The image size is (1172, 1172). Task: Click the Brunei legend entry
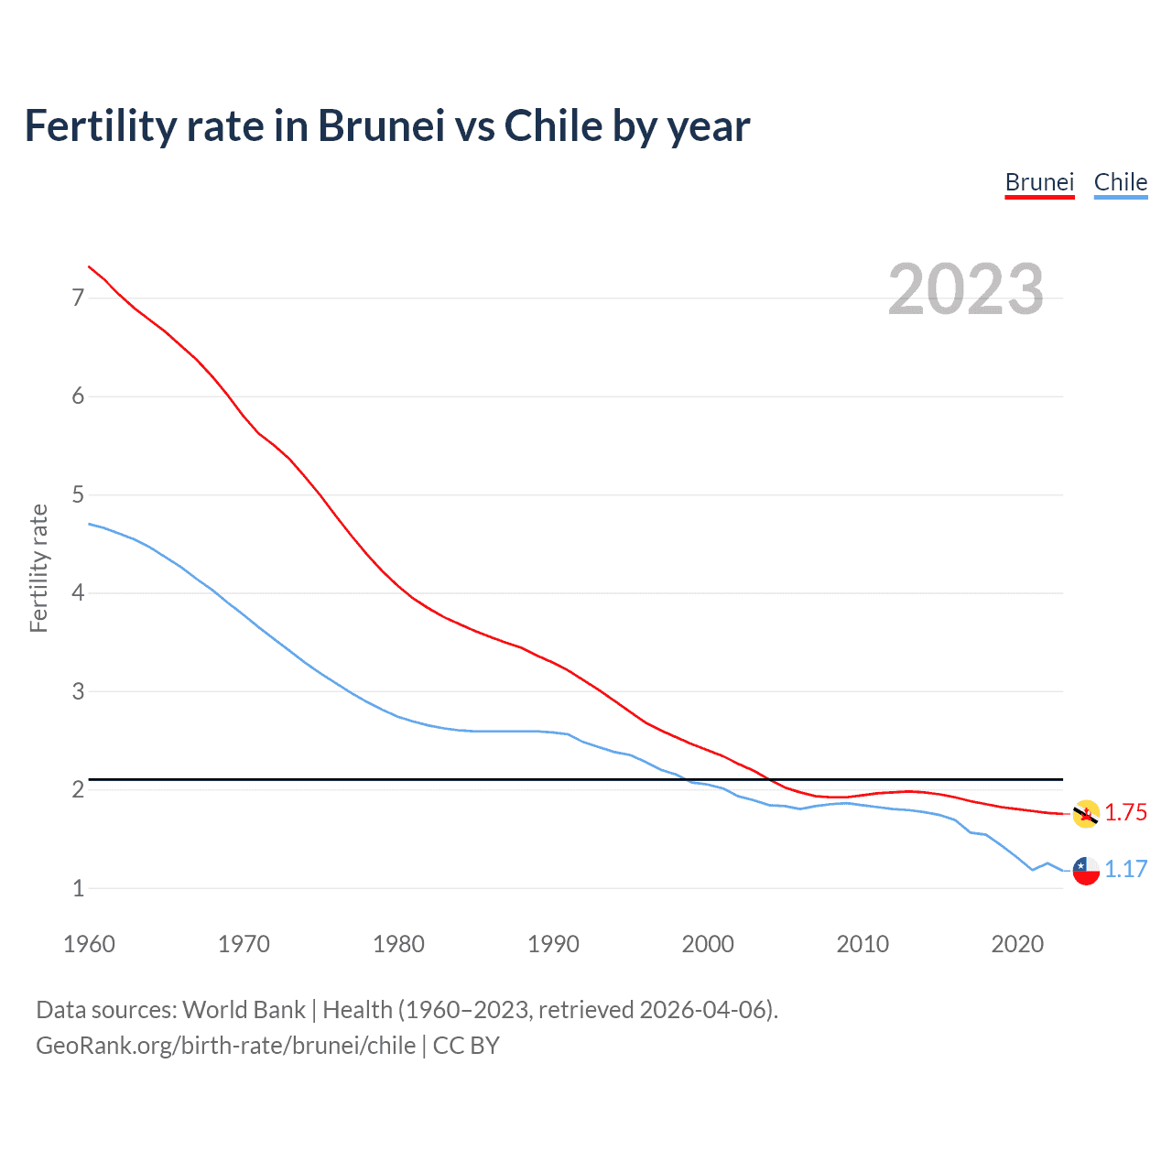coord(1039,182)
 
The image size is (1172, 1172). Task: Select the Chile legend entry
coord(1120,182)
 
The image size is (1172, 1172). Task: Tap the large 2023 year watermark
coord(965,289)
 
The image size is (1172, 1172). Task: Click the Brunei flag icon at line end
coord(1086,813)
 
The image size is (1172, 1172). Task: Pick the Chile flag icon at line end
coord(1086,870)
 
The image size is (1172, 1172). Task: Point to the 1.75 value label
coord(1125,813)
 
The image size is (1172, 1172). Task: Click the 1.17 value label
coord(1125,870)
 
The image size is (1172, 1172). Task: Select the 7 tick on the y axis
coord(78,298)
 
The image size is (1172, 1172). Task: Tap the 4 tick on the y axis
coord(78,593)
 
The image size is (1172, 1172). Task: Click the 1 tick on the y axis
coord(78,888)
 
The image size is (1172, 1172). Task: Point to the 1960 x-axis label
coord(89,944)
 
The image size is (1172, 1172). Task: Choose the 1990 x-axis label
coord(553,944)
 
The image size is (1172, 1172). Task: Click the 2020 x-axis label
coord(1017,944)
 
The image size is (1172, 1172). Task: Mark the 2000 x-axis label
coord(708,944)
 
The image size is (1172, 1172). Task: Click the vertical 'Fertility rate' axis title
coord(38,568)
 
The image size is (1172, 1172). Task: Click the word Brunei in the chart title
coord(381,126)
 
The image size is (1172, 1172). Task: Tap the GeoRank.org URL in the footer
coord(225,1046)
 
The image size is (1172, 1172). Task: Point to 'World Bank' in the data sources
coord(244,1010)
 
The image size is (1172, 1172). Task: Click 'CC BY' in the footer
coord(466,1046)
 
